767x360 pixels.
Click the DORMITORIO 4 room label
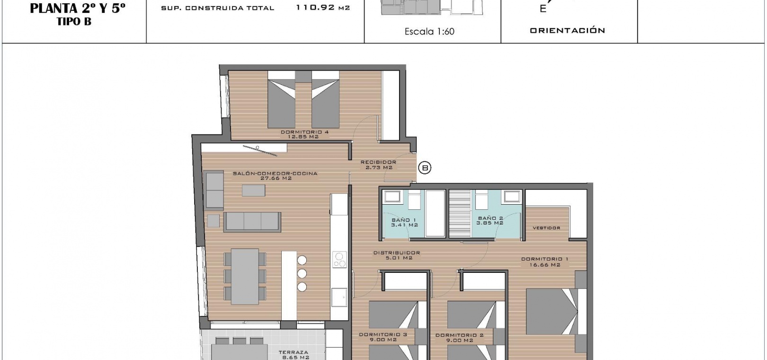point(304,132)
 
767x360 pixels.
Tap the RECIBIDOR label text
point(378,162)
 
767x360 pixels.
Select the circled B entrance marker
point(425,168)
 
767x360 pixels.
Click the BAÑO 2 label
point(491,218)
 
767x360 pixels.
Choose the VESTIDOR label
point(546,228)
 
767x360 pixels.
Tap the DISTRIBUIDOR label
point(396,253)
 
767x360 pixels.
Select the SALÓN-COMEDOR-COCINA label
point(275,173)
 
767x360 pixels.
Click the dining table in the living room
point(245,277)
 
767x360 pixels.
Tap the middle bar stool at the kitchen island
point(302,273)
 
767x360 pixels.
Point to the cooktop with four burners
point(339,259)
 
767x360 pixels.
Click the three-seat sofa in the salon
point(252,222)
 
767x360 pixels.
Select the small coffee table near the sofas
point(253,190)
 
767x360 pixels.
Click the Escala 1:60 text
point(429,32)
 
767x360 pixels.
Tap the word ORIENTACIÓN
point(567,30)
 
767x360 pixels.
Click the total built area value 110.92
point(315,8)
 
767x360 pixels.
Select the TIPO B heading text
point(74,22)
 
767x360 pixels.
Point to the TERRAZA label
point(294,352)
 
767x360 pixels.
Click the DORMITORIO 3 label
point(383,334)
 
